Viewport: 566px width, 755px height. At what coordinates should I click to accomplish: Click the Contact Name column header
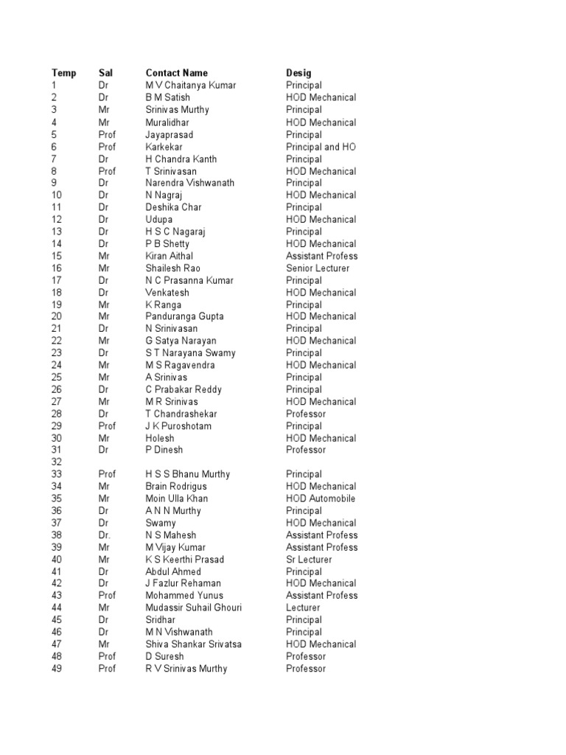176,73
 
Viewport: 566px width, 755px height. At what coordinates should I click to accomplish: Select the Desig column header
298,73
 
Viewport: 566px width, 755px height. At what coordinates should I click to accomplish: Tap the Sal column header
106,73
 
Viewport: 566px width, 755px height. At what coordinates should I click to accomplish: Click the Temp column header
63,73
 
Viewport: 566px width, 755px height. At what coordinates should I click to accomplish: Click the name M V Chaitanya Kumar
191,86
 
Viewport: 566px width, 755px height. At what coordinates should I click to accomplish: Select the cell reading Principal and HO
321,147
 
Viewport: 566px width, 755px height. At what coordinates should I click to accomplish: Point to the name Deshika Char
173,207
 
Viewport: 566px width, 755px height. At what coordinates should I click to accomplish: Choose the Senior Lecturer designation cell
318,268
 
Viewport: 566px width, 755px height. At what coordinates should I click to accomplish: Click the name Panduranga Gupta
184,316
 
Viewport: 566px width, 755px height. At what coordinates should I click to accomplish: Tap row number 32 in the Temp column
57,462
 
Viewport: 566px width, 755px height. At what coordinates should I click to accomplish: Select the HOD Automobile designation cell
321,498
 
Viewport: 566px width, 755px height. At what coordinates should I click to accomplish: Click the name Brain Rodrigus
176,487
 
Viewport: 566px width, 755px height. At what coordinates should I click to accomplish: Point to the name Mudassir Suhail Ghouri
193,608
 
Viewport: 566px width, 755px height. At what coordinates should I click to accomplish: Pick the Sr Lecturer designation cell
309,560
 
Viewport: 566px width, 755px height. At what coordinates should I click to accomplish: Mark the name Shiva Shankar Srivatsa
193,644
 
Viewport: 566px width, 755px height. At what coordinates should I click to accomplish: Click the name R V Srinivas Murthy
186,669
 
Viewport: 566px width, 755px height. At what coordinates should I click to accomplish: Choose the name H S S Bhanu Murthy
188,474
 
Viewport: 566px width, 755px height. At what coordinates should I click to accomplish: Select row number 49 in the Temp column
57,669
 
